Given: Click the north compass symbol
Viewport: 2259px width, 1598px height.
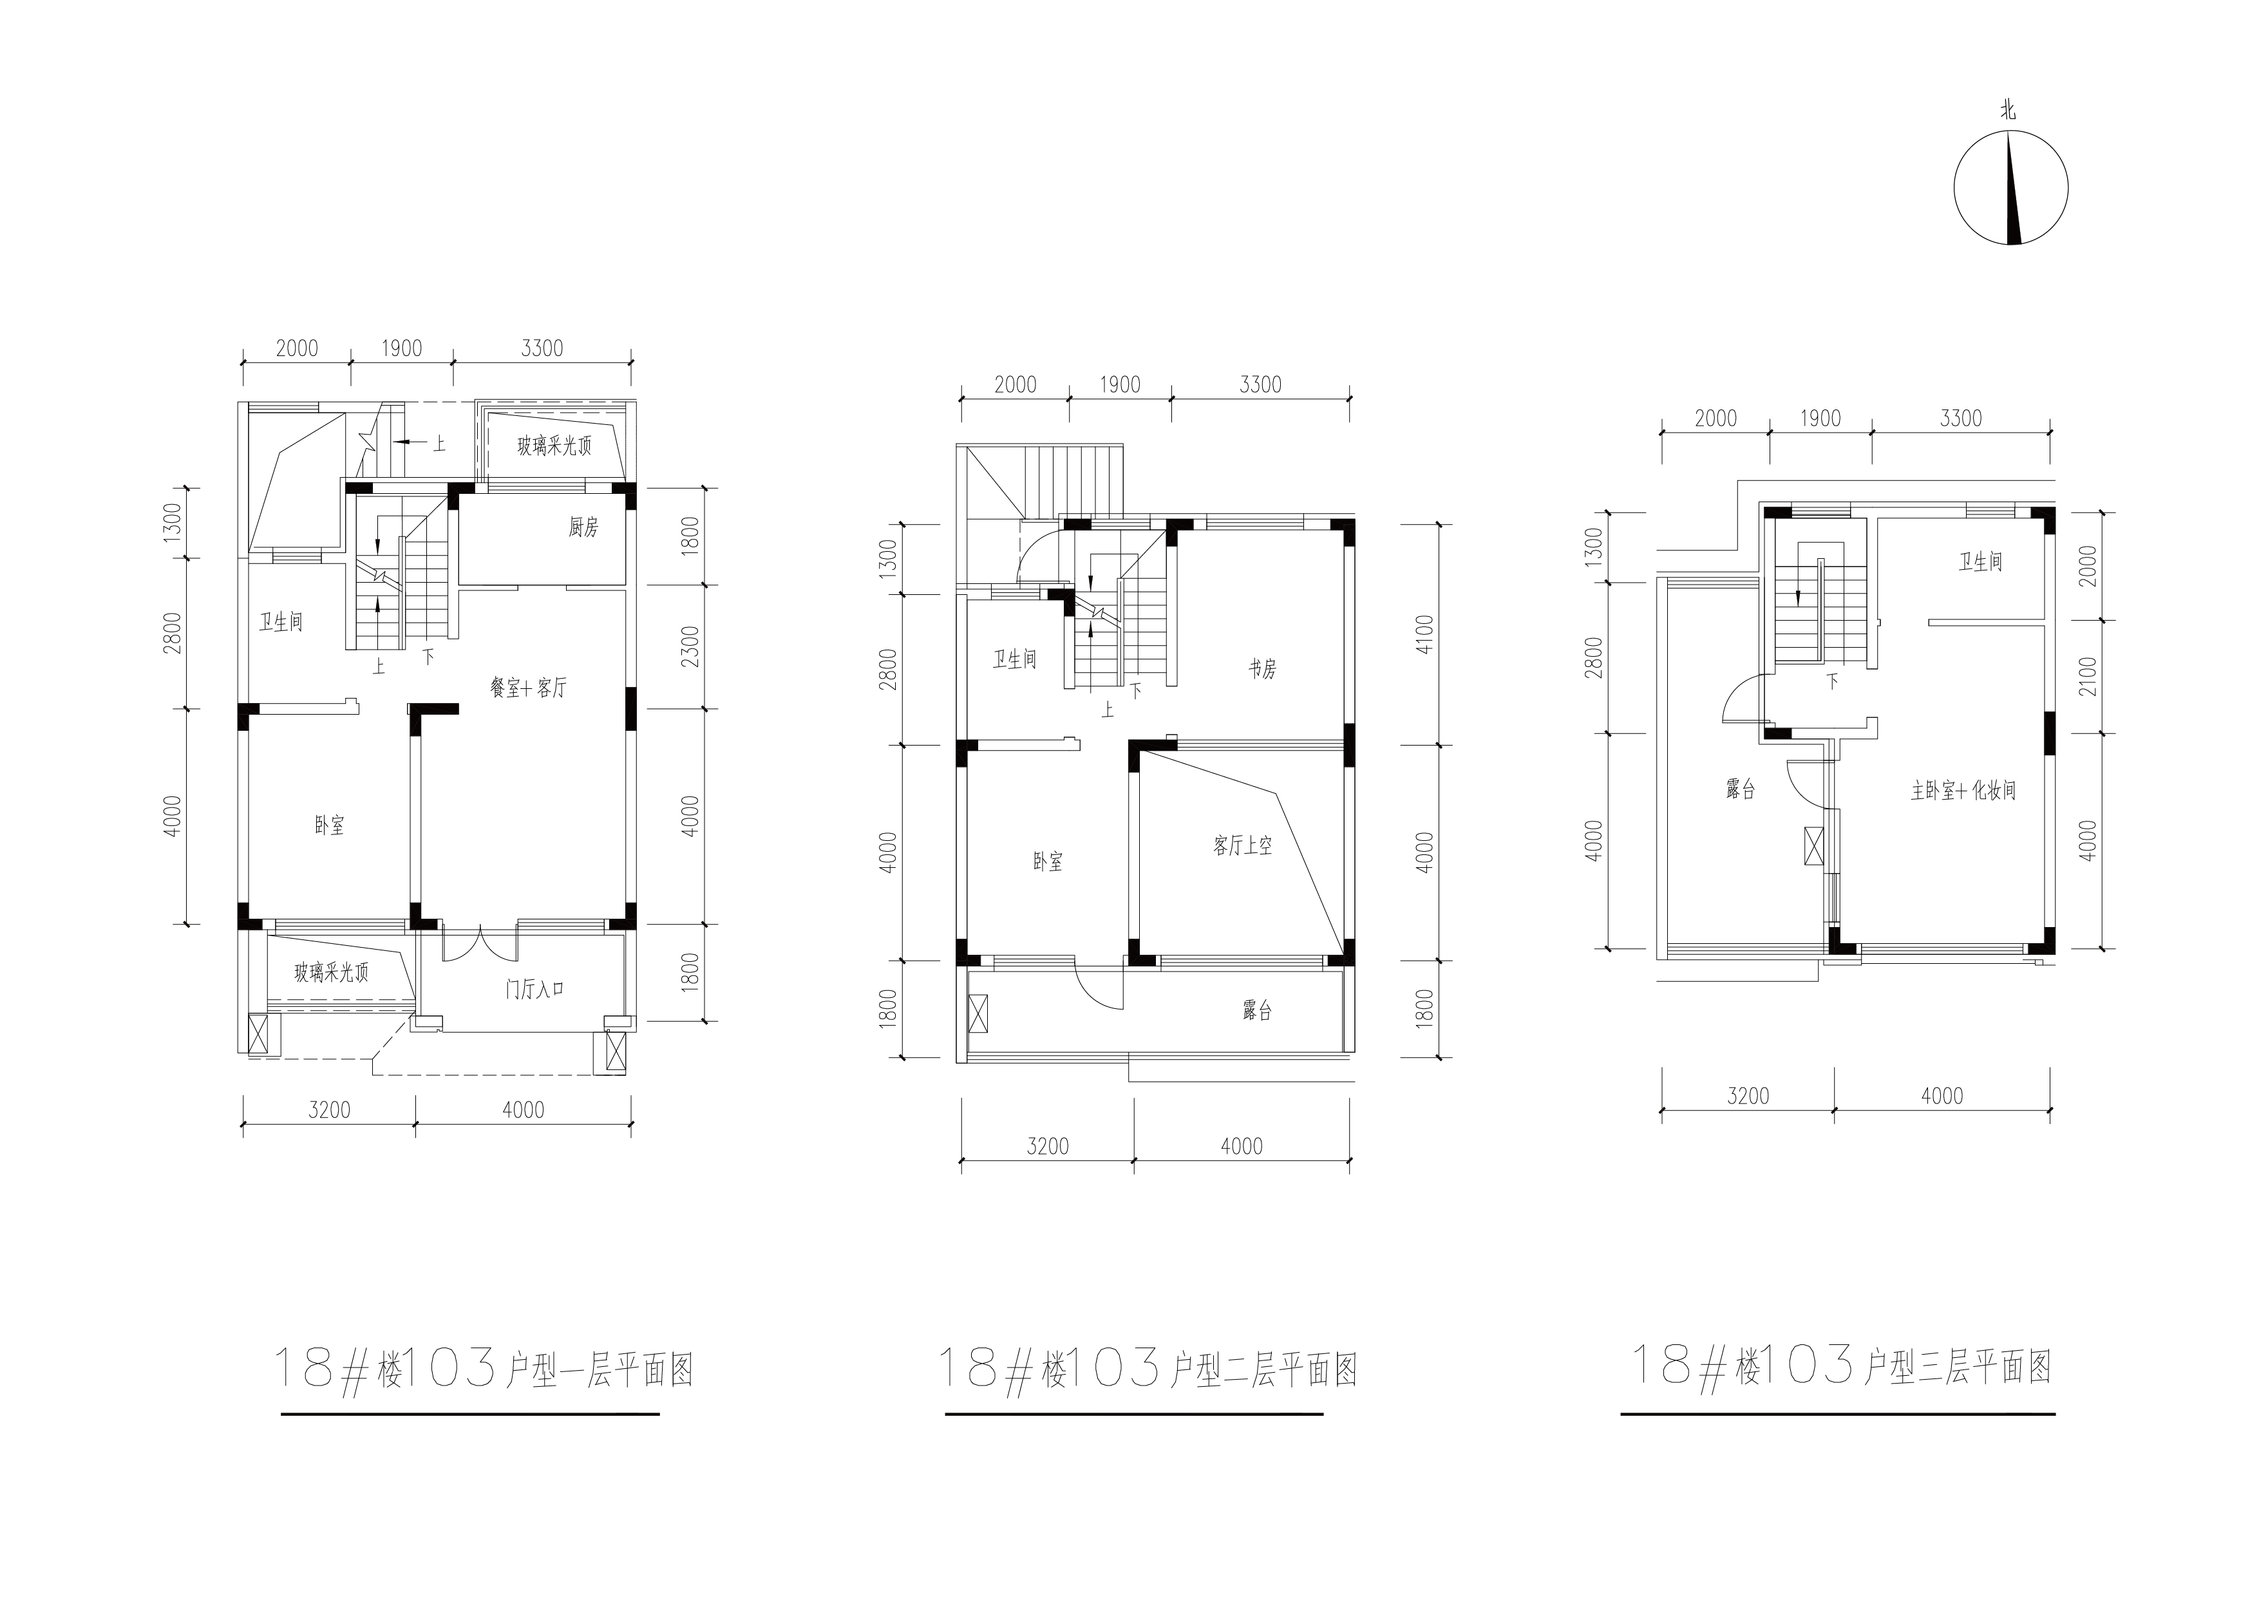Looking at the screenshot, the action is [2011, 188].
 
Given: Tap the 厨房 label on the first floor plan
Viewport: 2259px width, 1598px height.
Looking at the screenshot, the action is [583, 527].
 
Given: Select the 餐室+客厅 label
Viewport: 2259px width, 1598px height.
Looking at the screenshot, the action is [528, 688].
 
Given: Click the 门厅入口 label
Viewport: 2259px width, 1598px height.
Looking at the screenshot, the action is [534, 989].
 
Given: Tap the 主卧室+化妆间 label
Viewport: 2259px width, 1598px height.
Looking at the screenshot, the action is [1963, 790].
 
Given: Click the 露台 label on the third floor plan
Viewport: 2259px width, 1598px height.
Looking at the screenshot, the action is [1741, 788].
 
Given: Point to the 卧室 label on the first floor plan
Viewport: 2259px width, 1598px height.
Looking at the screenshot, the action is [330, 825].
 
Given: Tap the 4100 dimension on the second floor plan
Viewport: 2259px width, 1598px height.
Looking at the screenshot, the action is [1426, 633].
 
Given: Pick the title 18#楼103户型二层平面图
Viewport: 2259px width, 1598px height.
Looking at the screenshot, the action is [1148, 1367].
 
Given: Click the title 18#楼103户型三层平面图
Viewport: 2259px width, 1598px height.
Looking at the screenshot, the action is [1842, 1366].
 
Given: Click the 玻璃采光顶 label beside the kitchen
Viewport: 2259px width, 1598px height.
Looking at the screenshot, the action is [555, 446].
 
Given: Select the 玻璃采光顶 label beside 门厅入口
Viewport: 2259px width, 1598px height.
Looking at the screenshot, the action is [332, 973].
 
